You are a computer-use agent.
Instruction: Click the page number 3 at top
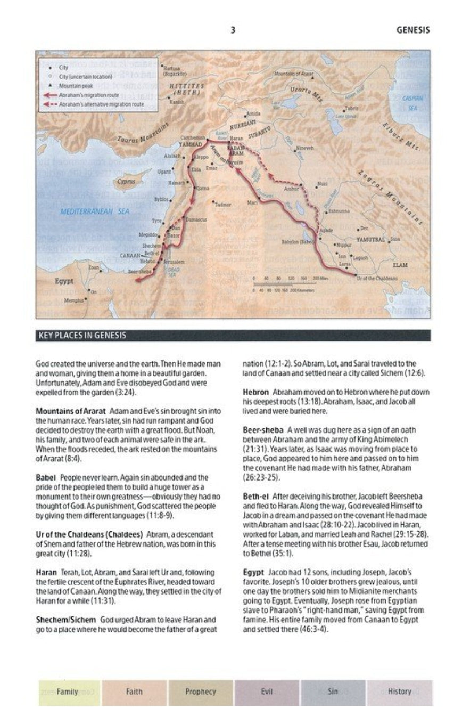tap(233, 30)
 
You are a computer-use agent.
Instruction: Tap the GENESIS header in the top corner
tap(412, 30)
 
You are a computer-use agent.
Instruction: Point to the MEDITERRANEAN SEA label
tap(95, 211)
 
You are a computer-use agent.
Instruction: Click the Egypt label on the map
tap(64, 281)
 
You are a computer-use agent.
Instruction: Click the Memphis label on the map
tap(73, 300)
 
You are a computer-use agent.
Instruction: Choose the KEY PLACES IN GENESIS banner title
tap(82, 336)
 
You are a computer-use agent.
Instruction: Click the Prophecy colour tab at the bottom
tap(201, 692)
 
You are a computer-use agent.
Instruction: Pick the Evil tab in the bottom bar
tap(267, 692)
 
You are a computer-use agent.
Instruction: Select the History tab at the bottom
tap(399, 692)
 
